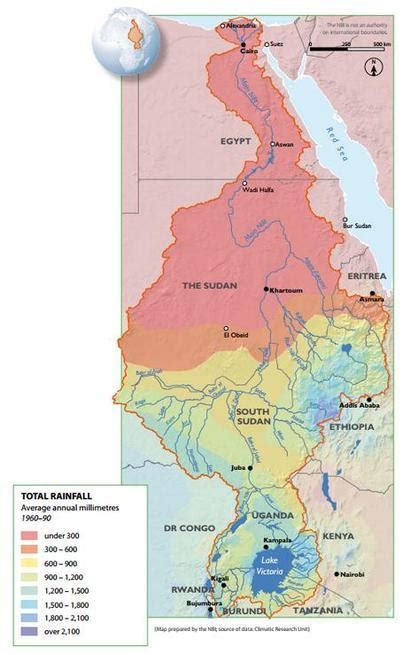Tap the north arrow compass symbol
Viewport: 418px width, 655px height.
[372, 68]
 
